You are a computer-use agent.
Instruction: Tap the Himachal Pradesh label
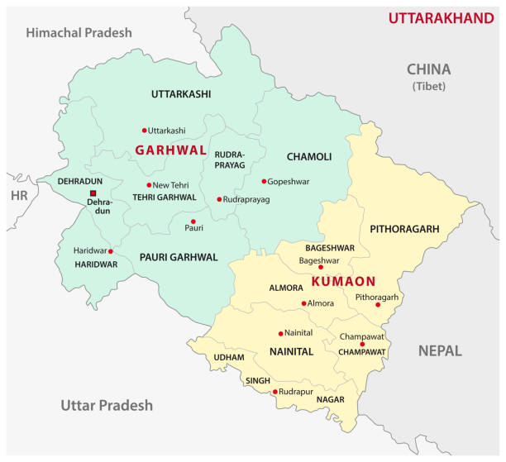(79, 33)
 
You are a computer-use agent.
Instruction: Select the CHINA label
(428, 69)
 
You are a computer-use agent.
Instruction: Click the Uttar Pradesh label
(107, 405)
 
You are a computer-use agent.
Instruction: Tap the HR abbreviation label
(18, 196)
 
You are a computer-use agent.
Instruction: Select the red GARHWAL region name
(170, 150)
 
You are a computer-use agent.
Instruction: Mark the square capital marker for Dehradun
(93, 194)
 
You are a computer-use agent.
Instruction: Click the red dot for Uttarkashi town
(144, 130)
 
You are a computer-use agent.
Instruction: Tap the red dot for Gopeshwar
(265, 181)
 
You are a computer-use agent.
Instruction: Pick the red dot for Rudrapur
(274, 392)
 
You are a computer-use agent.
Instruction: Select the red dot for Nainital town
(281, 334)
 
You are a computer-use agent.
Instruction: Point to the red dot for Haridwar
(111, 251)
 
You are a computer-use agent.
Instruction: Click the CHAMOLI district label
(308, 156)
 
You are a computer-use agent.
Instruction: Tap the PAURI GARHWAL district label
(178, 257)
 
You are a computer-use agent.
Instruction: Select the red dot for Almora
(304, 303)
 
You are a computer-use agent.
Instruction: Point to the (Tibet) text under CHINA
(428, 87)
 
